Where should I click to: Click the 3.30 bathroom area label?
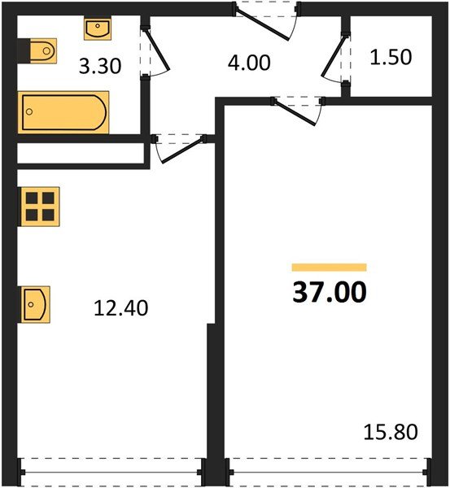[x=100, y=66]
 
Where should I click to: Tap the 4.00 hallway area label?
[x=249, y=61]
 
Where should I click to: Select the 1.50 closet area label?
[x=391, y=58]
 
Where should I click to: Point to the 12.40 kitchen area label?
[x=121, y=308]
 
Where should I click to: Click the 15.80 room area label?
[x=391, y=431]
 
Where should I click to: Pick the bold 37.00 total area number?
[x=329, y=292]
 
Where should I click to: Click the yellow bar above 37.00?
[x=329, y=267]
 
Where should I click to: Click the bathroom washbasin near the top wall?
[x=97, y=28]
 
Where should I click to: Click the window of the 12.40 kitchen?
[x=111, y=470]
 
